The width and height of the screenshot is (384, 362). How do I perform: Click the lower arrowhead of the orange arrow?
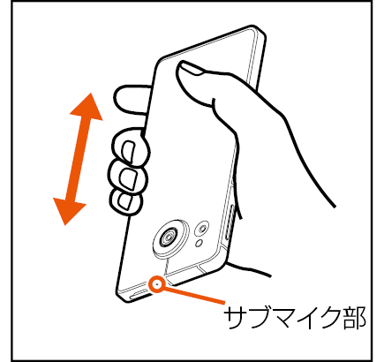tap(68, 210)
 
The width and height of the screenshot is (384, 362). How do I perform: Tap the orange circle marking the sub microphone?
tap(156, 284)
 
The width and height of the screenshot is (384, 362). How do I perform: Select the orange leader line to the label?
tap(194, 295)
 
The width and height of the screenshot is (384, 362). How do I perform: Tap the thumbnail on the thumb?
tap(191, 68)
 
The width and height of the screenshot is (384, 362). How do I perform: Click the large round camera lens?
tap(170, 237)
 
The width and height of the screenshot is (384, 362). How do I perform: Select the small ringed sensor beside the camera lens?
tap(202, 228)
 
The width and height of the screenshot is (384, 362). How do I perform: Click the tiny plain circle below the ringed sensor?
tap(200, 243)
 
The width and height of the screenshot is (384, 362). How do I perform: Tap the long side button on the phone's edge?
tap(230, 221)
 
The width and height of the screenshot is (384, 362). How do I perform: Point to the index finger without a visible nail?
tap(132, 99)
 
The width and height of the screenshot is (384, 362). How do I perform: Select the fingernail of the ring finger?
tap(129, 179)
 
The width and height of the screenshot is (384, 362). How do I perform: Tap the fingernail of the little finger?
tap(125, 201)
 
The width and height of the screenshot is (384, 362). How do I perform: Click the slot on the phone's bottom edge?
tap(139, 294)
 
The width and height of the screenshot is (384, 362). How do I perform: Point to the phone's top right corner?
tap(263, 32)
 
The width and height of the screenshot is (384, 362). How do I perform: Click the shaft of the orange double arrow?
tap(78, 159)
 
